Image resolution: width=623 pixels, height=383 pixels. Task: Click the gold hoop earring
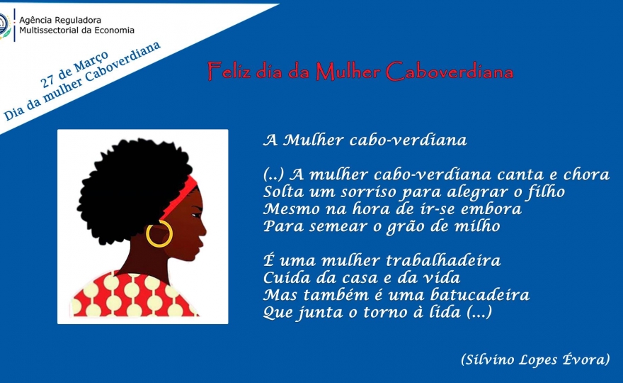point(147,238)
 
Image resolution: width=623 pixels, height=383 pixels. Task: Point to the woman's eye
point(196,216)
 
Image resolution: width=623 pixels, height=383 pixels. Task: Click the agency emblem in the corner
point(5,25)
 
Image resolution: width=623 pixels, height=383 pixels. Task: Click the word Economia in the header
point(113,30)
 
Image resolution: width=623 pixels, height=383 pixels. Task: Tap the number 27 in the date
point(47,81)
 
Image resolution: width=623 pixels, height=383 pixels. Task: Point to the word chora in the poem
point(586,174)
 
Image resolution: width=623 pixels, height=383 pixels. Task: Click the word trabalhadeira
point(443,260)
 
